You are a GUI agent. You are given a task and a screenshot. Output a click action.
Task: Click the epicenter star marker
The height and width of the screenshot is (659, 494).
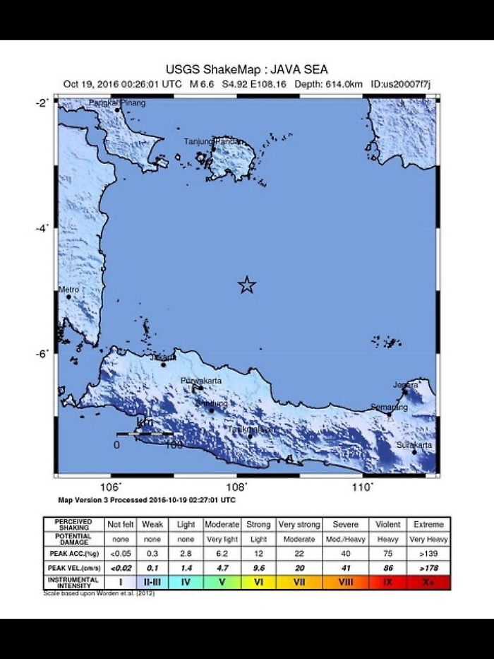click(x=246, y=285)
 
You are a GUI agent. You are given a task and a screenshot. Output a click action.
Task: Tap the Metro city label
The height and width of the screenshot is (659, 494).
click(x=68, y=290)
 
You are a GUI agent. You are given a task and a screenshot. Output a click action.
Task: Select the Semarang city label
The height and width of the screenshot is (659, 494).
click(x=390, y=408)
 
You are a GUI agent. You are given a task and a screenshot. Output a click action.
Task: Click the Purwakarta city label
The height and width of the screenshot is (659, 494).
click(x=202, y=381)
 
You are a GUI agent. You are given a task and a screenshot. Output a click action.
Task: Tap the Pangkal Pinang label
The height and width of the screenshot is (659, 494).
click(x=117, y=103)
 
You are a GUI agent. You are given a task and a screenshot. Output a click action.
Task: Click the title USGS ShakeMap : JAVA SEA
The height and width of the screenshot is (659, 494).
click(x=246, y=69)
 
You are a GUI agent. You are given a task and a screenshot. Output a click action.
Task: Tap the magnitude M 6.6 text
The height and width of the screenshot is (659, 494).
click(x=203, y=84)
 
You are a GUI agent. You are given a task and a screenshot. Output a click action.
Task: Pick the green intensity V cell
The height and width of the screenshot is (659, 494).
click(x=222, y=582)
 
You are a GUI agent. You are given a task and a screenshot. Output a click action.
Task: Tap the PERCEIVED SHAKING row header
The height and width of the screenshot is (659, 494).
click(x=73, y=524)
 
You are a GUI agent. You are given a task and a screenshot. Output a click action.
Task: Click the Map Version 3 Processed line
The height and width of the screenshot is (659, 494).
click(x=146, y=500)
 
